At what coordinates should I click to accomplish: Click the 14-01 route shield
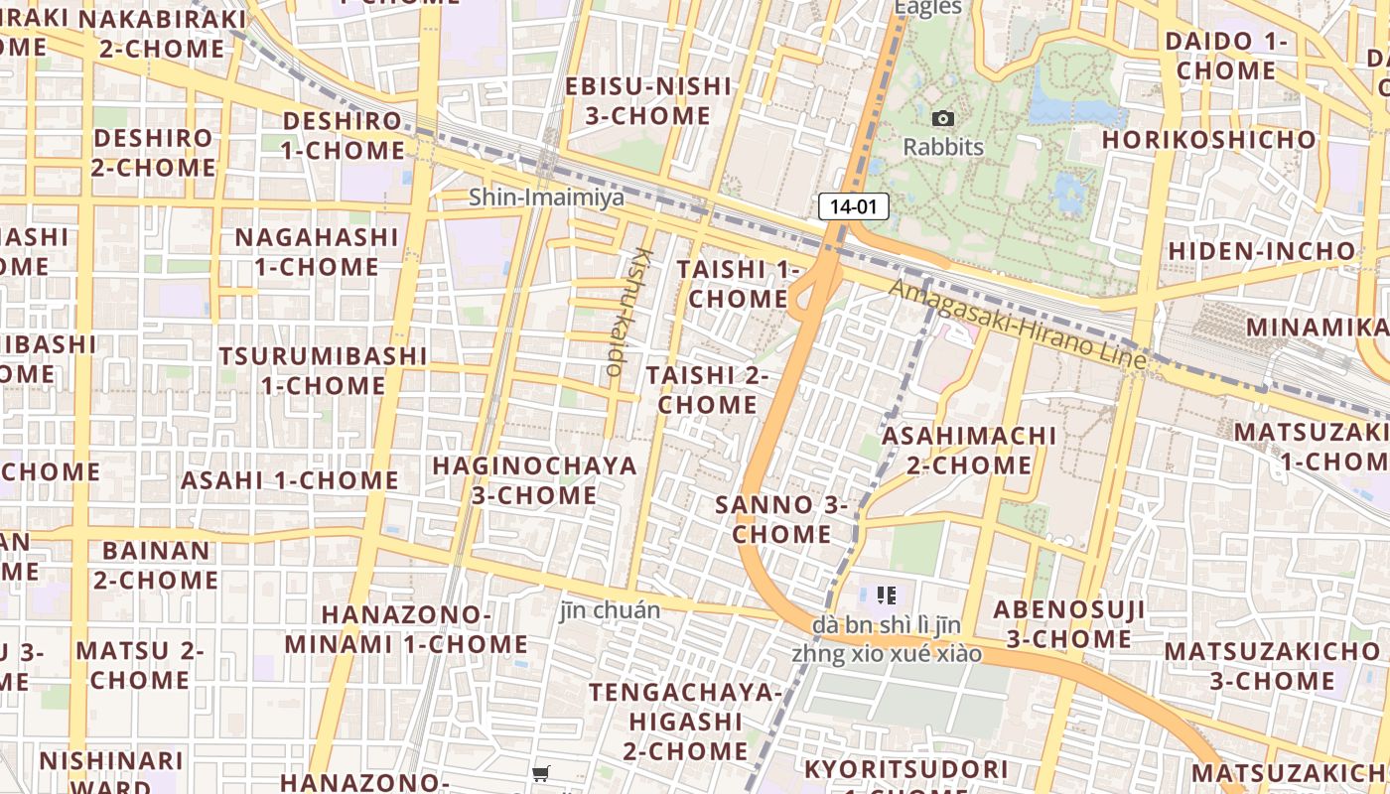tap(853, 206)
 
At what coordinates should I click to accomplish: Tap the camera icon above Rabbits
tap(943, 119)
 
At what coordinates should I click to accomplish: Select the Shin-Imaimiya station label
tap(546, 197)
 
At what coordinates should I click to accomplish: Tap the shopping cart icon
tap(541, 773)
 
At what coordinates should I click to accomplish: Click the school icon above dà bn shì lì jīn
tap(887, 595)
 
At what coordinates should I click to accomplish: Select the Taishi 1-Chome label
tap(738, 284)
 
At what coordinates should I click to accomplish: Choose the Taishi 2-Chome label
tap(707, 390)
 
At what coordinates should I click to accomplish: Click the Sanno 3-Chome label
tap(781, 519)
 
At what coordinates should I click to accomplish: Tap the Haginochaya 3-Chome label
tap(534, 479)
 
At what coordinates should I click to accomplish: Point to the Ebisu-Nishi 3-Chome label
tap(647, 101)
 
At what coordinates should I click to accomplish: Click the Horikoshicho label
tap(1208, 140)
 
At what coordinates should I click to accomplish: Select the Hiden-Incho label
tap(1261, 251)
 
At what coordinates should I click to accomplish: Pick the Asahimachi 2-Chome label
tap(969, 450)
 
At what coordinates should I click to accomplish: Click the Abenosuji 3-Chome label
tap(1068, 623)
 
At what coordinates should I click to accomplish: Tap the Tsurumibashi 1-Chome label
tap(323, 370)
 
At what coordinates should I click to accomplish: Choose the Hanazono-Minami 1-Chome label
tap(405, 629)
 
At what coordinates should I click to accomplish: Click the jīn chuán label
tap(610, 609)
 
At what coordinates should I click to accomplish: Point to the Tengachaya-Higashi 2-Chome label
tap(685, 721)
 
